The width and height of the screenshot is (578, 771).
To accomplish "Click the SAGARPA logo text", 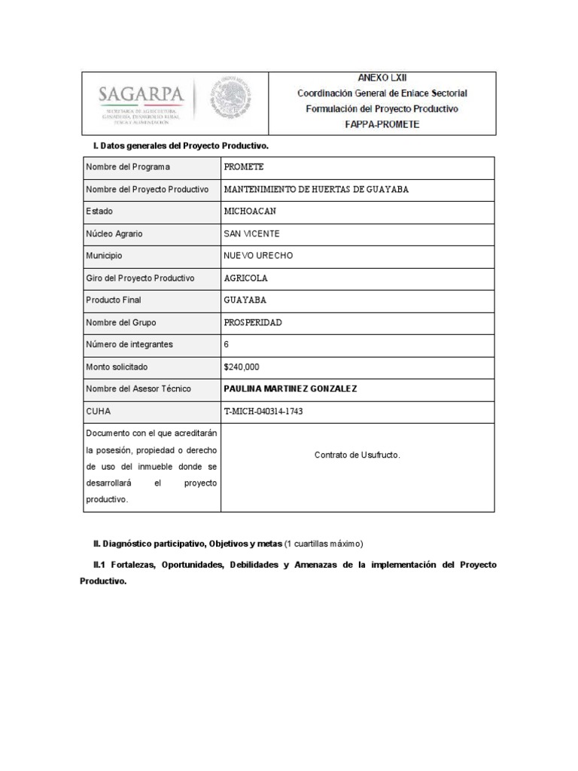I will click(x=141, y=96).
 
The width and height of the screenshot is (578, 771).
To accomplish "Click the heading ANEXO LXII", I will click(x=382, y=78).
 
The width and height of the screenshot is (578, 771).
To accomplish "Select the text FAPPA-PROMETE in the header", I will click(x=382, y=124).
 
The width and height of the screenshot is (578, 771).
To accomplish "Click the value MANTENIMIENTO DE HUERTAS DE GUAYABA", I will click(x=316, y=189).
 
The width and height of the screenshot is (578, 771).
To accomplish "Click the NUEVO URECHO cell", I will click(x=258, y=255).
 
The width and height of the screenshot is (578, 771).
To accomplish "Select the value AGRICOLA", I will click(x=245, y=278).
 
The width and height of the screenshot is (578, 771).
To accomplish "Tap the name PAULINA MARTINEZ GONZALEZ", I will click(x=291, y=389).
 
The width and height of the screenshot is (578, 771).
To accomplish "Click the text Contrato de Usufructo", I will click(x=357, y=455).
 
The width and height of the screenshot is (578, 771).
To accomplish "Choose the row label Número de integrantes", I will click(x=129, y=344).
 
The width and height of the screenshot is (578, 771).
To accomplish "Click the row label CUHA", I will click(x=98, y=411).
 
